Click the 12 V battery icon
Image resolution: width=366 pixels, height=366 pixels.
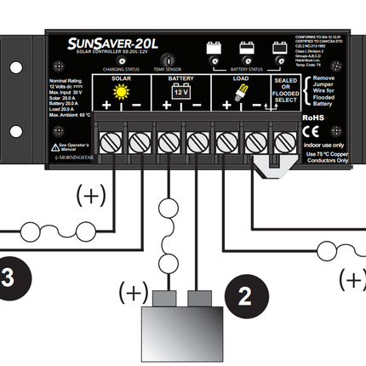180,91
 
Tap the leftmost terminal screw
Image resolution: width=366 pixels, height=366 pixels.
111,139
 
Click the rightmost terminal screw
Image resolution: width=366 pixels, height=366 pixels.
282,139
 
